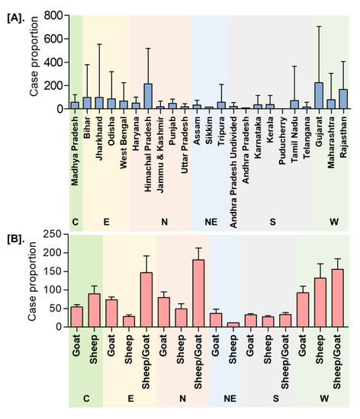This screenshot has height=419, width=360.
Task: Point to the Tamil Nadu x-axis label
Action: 294,136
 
